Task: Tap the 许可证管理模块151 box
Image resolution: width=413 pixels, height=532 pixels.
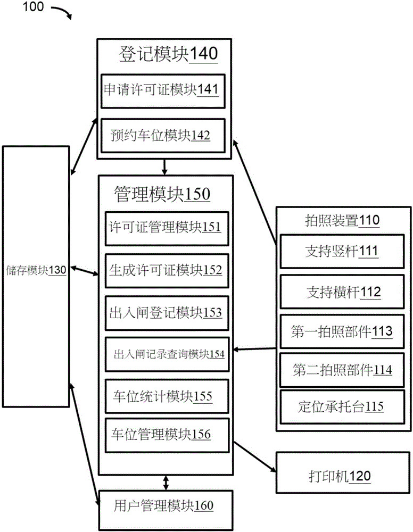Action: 167,227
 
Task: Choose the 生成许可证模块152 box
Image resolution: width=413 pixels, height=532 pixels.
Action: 167,269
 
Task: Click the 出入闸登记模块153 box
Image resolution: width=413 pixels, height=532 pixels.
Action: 167,312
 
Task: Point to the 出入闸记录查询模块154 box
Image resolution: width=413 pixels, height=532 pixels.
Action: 167,353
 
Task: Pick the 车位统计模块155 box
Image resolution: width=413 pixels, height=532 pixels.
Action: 167,396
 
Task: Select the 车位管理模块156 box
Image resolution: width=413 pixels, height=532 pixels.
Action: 167,435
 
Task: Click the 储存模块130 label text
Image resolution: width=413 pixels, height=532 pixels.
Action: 36,270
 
